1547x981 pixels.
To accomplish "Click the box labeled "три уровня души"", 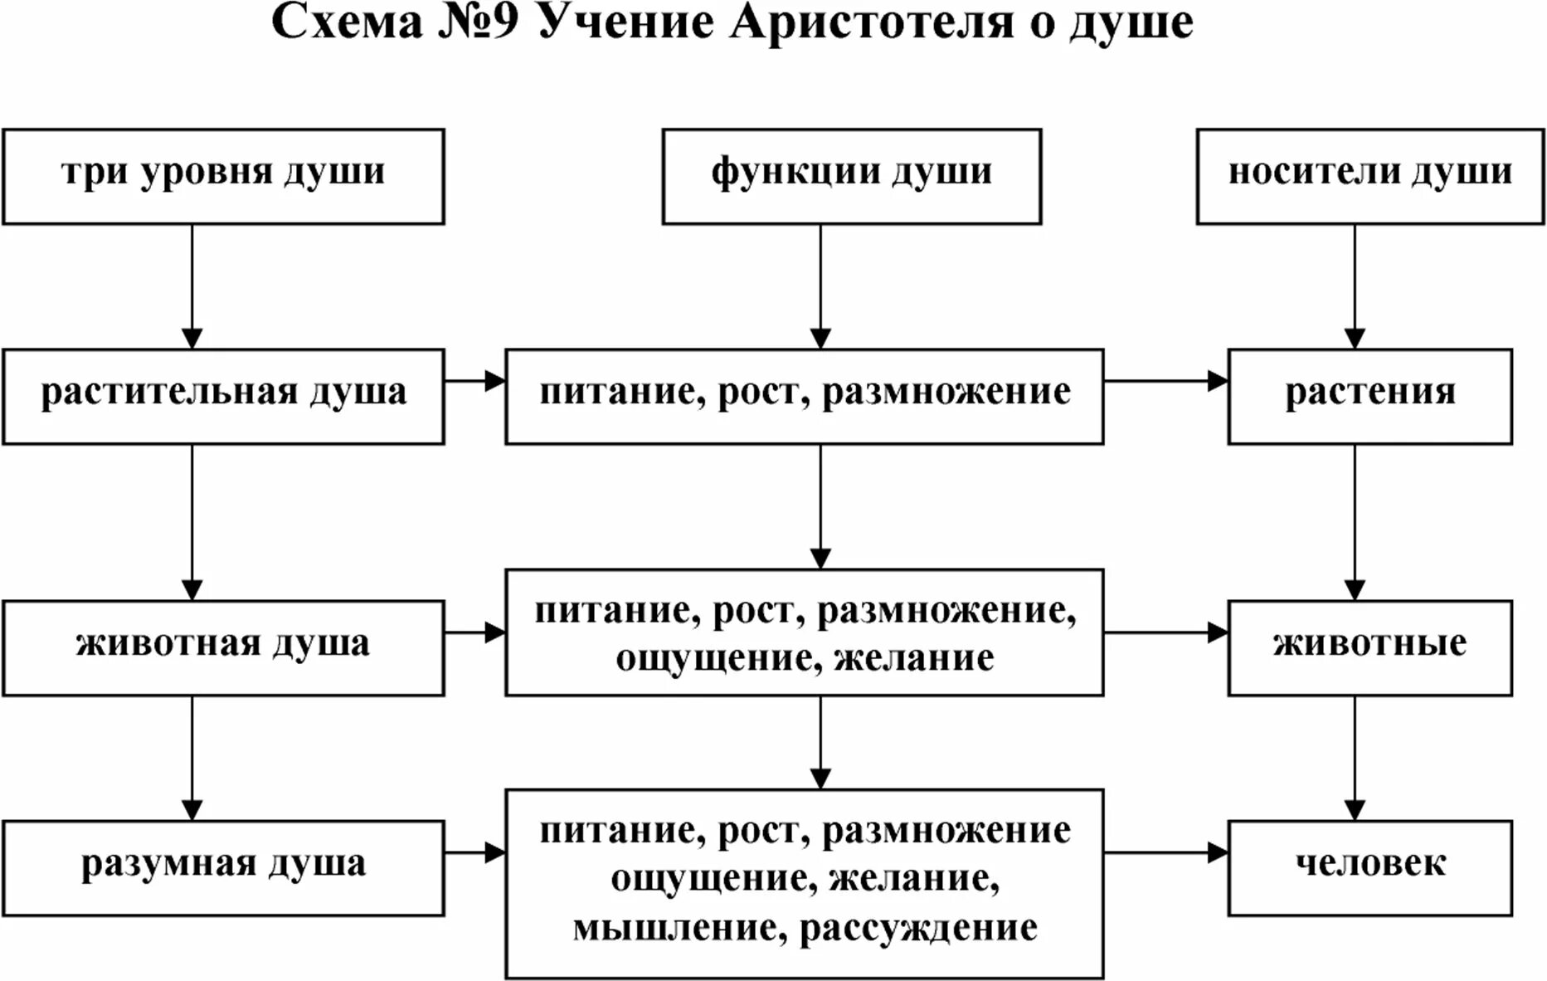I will (223, 176).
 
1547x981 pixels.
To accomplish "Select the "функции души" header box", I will (851, 176).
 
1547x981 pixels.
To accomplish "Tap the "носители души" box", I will (1369, 176).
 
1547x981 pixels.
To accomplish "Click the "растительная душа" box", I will (223, 396).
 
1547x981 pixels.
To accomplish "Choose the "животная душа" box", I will (223, 647).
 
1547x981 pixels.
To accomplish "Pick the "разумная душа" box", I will (223, 867).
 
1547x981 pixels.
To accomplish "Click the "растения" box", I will (1369, 396).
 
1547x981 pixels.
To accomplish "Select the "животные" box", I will (1369, 647).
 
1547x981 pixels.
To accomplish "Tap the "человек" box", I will (1369, 867).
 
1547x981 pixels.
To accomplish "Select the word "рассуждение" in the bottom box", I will (918, 927).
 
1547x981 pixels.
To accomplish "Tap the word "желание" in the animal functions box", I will (913, 658).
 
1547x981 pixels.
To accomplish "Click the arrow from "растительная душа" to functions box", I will (474, 381).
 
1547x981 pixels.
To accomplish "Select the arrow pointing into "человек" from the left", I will (1165, 852).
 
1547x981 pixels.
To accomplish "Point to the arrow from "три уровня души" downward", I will (192, 286).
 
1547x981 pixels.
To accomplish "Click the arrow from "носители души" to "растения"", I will (1355, 286).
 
